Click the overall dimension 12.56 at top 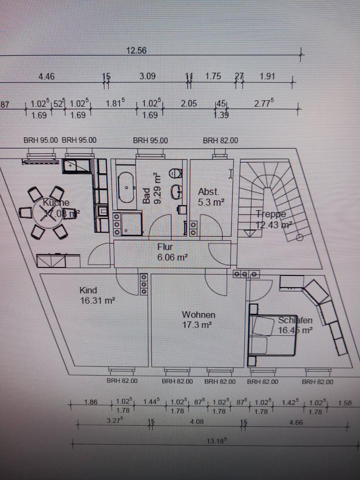tap(136, 50)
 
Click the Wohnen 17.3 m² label tap(198, 319)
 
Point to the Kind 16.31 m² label tap(97, 295)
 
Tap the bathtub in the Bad tap(125, 186)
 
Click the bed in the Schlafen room tap(270, 335)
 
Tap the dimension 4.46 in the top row tap(46, 76)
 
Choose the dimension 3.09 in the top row tap(147, 76)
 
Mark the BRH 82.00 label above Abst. tap(220, 140)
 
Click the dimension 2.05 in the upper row tap(188, 103)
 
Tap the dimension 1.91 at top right tap(267, 76)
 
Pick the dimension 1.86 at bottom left tap(91, 402)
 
